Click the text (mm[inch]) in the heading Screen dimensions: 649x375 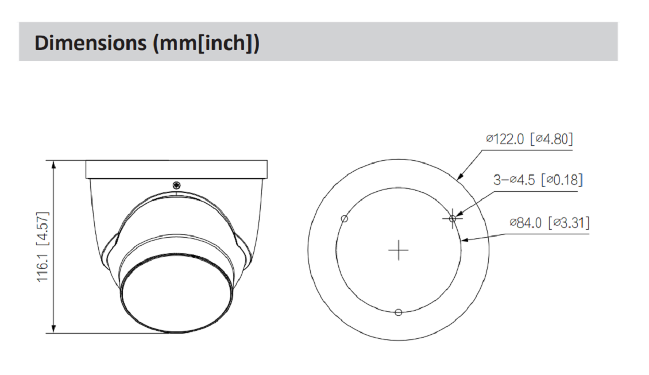[x=206, y=43]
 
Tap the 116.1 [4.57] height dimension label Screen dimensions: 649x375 [x=43, y=247]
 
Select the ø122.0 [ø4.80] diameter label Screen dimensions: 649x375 [x=530, y=138]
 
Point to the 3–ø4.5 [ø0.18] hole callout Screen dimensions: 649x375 [x=538, y=180]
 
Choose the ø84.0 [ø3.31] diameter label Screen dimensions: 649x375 [x=549, y=223]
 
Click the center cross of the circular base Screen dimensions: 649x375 [x=399, y=250]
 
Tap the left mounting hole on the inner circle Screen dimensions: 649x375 [x=345, y=219]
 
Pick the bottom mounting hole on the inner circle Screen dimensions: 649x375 [x=398, y=312]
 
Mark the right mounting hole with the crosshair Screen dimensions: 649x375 [x=453, y=218]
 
